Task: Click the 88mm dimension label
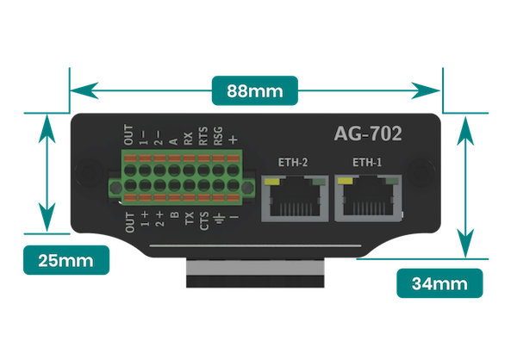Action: pyautogui.click(x=254, y=90)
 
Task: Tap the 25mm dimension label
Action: pyautogui.click(x=66, y=260)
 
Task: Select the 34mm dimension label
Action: pyautogui.click(x=439, y=283)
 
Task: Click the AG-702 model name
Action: pyautogui.click(x=368, y=133)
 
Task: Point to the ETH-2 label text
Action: pyautogui.click(x=293, y=162)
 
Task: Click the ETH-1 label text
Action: pyautogui.click(x=367, y=162)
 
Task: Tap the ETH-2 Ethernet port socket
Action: pyautogui.click(x=295, y=198)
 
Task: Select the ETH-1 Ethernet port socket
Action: pyautogui.click(x=368, y=198)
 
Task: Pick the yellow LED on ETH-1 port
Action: pyautogui.click(x=346, y=181)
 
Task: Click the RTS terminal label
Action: pyautogui.click(x=203, y=136)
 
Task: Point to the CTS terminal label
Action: pyautogui.click(x=203, y=220)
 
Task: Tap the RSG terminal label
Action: pyautogui.click(x=218, y=136)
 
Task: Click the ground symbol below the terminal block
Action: pyautogui.click(x=219, y=217)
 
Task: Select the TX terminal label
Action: pyautogui.click(x=190, y=218)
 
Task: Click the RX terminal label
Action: pyautogui.click(x=188, y=139)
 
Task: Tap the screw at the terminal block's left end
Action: pyautogui.click(x=115, y=188)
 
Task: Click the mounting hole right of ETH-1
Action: pyautogui.click(x=420, y=171)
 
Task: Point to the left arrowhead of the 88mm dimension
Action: pyautogui.click(x=84, y=90)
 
